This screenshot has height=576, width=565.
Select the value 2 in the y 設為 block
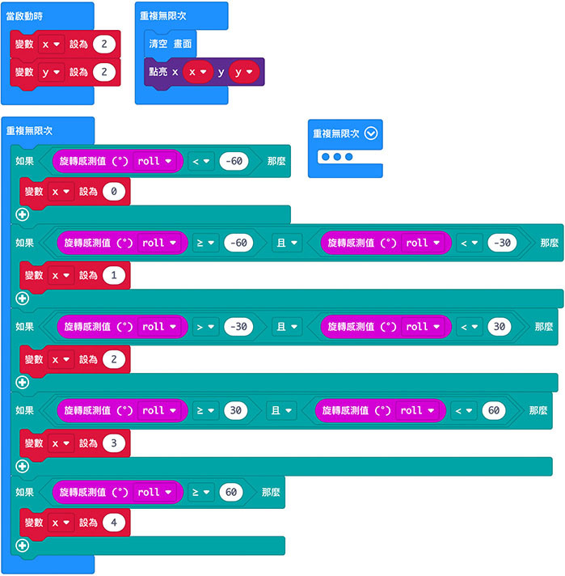[x=105, y=73]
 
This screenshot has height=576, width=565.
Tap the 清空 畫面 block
[x=170, y=43]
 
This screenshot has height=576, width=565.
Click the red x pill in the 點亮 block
[x=196, y=72]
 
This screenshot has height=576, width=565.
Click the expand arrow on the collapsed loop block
[x=370, y=133]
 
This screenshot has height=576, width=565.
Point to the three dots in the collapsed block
[x=336, y=156]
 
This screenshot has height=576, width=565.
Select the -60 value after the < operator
[x=234, y=161]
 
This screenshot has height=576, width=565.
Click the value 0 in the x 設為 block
[x=115, y=192]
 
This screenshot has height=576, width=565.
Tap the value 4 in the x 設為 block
[x=115, y=523]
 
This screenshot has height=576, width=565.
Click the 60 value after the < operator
[x=494, y=410]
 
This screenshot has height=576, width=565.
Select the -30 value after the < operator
[x=503, y=244]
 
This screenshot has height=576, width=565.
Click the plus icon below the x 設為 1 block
[x=22, y=299]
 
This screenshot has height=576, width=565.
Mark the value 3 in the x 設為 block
[x=115, y=443]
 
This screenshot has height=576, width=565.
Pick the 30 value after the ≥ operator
[x=236, y=410]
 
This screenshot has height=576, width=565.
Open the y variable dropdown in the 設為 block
[x=50, y=73]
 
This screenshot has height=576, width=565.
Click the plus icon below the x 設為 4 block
[x=22, y=545]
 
